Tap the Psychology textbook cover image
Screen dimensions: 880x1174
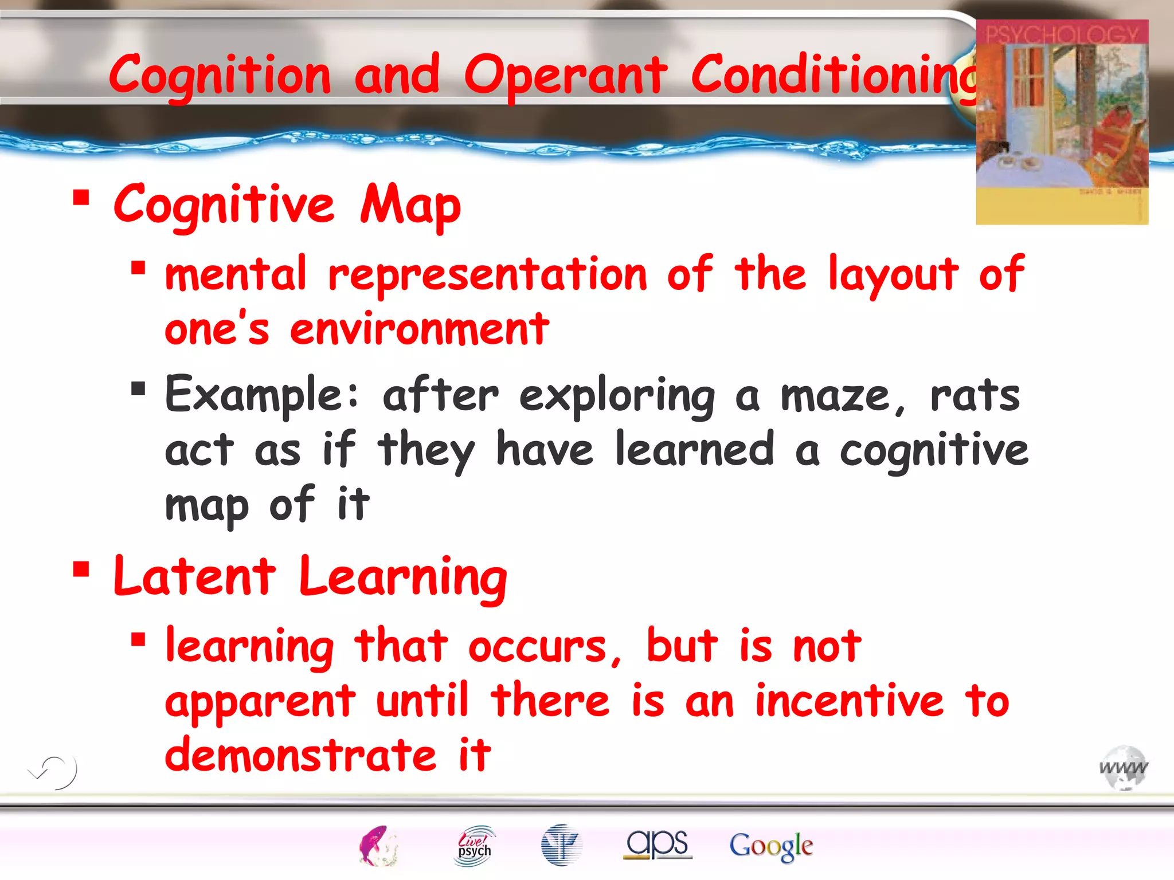tap(1062, 122)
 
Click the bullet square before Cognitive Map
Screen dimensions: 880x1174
tap(81, 198)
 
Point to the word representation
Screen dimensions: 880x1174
tap(487, 275)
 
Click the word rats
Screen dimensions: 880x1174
tap(975, 395)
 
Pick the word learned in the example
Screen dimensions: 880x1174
tap(695, 450)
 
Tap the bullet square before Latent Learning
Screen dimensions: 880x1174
tap(81, 569)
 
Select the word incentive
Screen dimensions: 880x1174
tap(849, 701)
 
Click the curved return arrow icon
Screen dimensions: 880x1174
tap(53, 771)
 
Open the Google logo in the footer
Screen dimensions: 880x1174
tap(771, 846)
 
